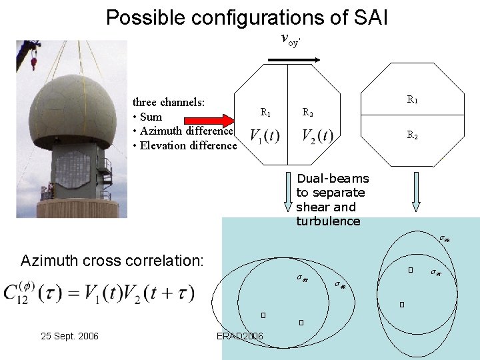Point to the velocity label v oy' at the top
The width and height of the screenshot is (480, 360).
tap(291, 41)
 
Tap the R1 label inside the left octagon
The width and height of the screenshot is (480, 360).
tap(265, 113)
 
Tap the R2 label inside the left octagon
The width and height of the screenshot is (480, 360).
tap(309, 113)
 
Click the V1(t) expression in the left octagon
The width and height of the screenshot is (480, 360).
tap(265, 136)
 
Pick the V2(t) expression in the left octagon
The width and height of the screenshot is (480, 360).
tap(317, 136)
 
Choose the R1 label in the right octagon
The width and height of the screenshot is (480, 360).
tap(412, 100)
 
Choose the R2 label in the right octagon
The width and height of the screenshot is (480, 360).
tap(412, 135)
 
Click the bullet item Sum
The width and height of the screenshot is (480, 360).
tap(151, 117)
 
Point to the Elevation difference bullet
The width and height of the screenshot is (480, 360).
tap(185, 145)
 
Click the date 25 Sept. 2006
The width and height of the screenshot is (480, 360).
tap(69, 336)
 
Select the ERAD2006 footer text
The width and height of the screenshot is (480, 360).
tap(240, 336)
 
